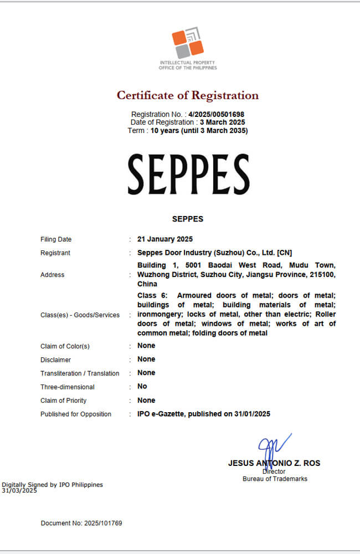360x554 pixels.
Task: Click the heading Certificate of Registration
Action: click(x=187, y=95)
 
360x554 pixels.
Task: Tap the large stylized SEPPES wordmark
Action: click(x=188, y=175)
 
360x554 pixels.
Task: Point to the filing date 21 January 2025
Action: click(x=165, y=239)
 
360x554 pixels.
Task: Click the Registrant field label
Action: click(x=55, y=253)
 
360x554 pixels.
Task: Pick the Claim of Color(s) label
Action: click(x=65, y=346)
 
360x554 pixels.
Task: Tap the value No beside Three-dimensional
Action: click(x=142, y=386)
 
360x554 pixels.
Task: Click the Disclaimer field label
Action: click(x=55, y=360)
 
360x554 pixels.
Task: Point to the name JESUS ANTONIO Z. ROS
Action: click(x=274, y=463)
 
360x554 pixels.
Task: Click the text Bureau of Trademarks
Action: click(x=275, y=479)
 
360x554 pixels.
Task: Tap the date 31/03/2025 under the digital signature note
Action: click(x=19, y=490)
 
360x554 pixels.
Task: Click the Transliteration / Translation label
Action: click(x=80, y=373)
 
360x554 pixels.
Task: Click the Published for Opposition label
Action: click(x=76, y=414)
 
